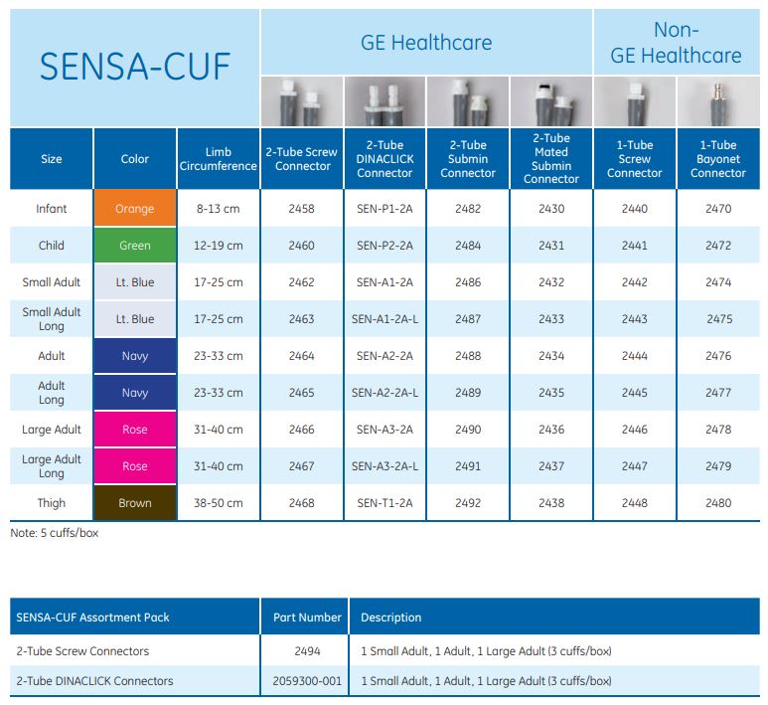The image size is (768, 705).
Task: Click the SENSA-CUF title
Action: pyautogui.click(x=134, y=66)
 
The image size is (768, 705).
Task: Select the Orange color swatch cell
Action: pyautogui.click(x=135, y=209)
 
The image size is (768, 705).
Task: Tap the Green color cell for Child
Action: pyautogui.click(x=135, y=246)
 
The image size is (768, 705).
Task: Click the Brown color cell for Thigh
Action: pyautogui.click(x=135, y=503)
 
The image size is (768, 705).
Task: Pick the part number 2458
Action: pyautogui.click(x=301, y=209)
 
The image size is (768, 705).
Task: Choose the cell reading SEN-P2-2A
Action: pyautogui.click(x=384, y=246)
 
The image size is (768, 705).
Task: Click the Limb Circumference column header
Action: pyautogui.click(x=219, y=159)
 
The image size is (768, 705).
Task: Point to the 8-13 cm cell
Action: pyautogui.click(x=219, y=209)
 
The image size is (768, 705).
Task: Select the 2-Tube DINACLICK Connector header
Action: pyautogui.click(x=384, y=159)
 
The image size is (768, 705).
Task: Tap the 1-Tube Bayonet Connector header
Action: pyautogui.click(x=717, y=159)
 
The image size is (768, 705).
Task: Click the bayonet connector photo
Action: pyautogui.click(x=717, y=101)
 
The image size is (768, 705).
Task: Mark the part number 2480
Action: pyautogui.click(x=717, y=503)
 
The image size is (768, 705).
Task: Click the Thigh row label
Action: pyautogui.click(x=52, y=503)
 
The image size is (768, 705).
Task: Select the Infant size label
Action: pyautogui.click(x=52, y=209)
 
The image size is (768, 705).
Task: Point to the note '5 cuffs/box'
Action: pyautogui.click(x=55, y=533)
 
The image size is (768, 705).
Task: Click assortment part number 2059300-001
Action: pyautogui.click(x=307, y=681)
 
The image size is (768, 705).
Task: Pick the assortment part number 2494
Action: pyautogui.click(x=307, y=651)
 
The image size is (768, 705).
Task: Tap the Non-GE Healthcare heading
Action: pyautogui.click(x=676, y=43)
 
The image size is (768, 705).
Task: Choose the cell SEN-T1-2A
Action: pyautogui.click(x=384, y=503)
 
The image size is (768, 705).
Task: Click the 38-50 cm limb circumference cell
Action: pyautogui.click(x=219, y=503)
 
